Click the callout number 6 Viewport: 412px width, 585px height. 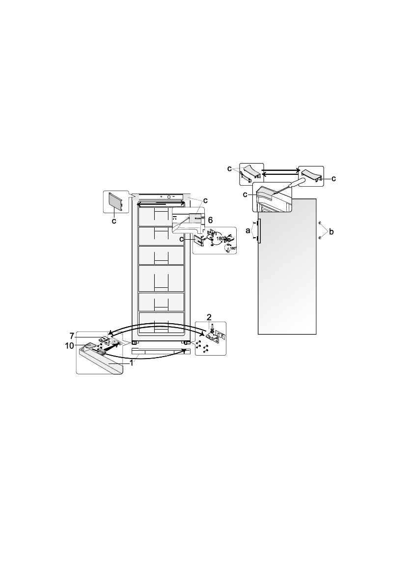point(210,220)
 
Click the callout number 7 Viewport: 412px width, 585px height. point(72,336)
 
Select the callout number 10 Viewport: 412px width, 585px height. point(70,346)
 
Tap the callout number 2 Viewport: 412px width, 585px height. point(209,317)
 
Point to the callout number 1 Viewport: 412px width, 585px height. point(131,362)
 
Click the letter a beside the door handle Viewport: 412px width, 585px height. point(248,231)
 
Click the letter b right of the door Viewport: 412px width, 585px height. point(331,232)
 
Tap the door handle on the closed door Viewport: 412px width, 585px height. point(258,231)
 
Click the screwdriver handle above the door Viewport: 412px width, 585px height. point(297,183)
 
